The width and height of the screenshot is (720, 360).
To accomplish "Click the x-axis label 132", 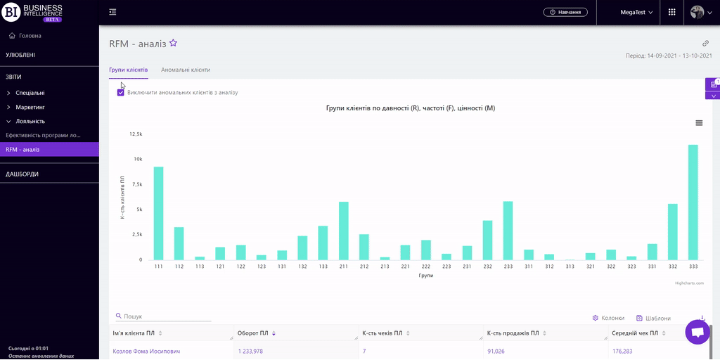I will pyautogui.click(x=302, y=267).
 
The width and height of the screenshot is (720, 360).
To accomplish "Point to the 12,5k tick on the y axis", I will pyautogui.click(x=136, y=134).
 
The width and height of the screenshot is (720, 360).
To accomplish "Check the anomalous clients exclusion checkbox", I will pyautogui.click(x=121, y=92).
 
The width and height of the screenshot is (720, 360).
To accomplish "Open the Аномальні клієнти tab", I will pyautogui.click(x=186, y=70).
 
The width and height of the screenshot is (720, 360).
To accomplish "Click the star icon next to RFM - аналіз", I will pyautogui.click(x=174, y=43).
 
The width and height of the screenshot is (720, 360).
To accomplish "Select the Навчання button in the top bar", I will pyautogui.click(x=565, y=12).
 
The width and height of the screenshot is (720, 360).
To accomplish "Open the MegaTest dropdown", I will pyautogui.click(x=636, y=12).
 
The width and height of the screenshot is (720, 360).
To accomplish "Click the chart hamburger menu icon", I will pyautogui.click(x=699, y=123).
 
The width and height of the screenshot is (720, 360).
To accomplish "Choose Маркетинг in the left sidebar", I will pyautogui.click(x=30, y=107).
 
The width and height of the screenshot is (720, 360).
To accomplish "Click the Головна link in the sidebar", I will pyautogui.click(x=30, y=35).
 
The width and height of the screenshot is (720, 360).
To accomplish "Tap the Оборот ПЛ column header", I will pyautogui.click(x=253, y=333).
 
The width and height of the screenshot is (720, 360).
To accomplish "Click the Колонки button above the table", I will pyautogui.click(x=608, y=318).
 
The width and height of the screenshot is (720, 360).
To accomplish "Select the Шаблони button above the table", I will pyautogui.click(x=653, y=318).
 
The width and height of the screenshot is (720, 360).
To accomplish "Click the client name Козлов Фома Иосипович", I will pyautogui.click(x=146, y=351).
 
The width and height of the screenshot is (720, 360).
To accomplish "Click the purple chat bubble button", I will pyautogui.click(x=697, y=333).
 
